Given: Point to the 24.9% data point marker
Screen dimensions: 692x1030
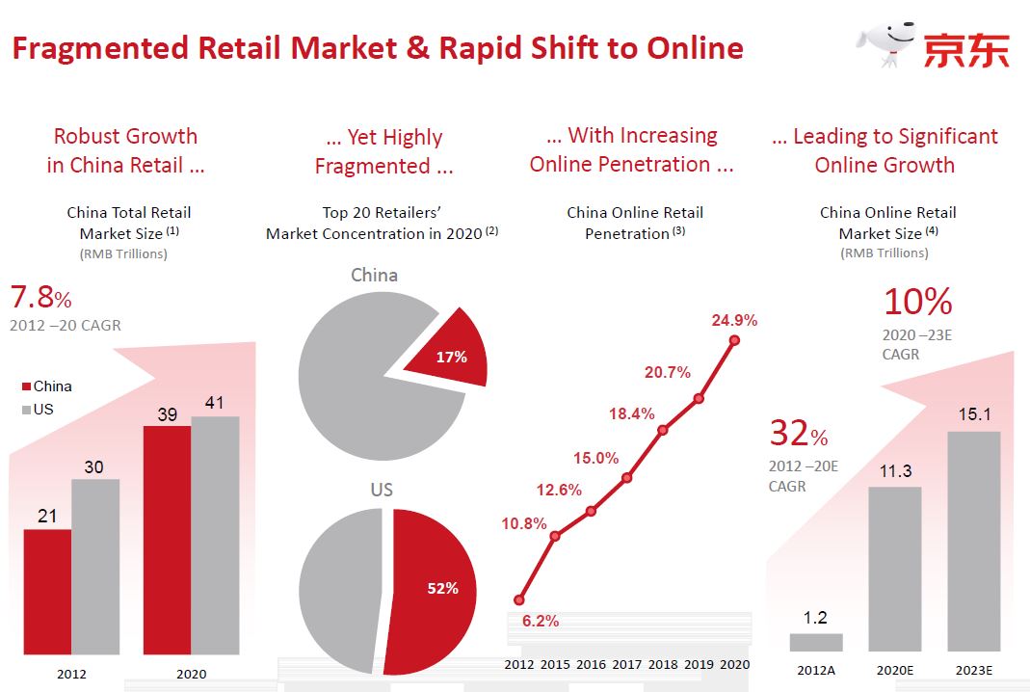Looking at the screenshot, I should click(x=735, y=339).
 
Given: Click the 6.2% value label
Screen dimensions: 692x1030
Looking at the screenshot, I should click(x=541, y=622).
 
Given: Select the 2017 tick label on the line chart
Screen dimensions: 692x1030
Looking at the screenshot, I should click(x=627, y=664).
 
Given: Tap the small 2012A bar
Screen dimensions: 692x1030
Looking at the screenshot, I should click(x=815, y=642).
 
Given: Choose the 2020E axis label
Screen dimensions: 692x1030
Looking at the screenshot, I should click(x=895, y=670).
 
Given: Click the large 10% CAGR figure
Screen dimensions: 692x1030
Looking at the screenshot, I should click(x=917, y=303).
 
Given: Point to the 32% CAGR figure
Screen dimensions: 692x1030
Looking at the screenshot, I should click(x=798, y=435).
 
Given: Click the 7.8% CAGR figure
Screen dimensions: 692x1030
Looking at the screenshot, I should click(x=40, y=296).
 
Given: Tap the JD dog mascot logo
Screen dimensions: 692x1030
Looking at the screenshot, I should click(x=885, y=43).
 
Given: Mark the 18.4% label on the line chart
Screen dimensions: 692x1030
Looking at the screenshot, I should click(x=631, y=413).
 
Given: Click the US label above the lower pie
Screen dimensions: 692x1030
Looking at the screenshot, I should click(x=382, y=490).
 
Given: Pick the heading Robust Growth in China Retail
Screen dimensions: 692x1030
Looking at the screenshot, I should click(x=125, y=150).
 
